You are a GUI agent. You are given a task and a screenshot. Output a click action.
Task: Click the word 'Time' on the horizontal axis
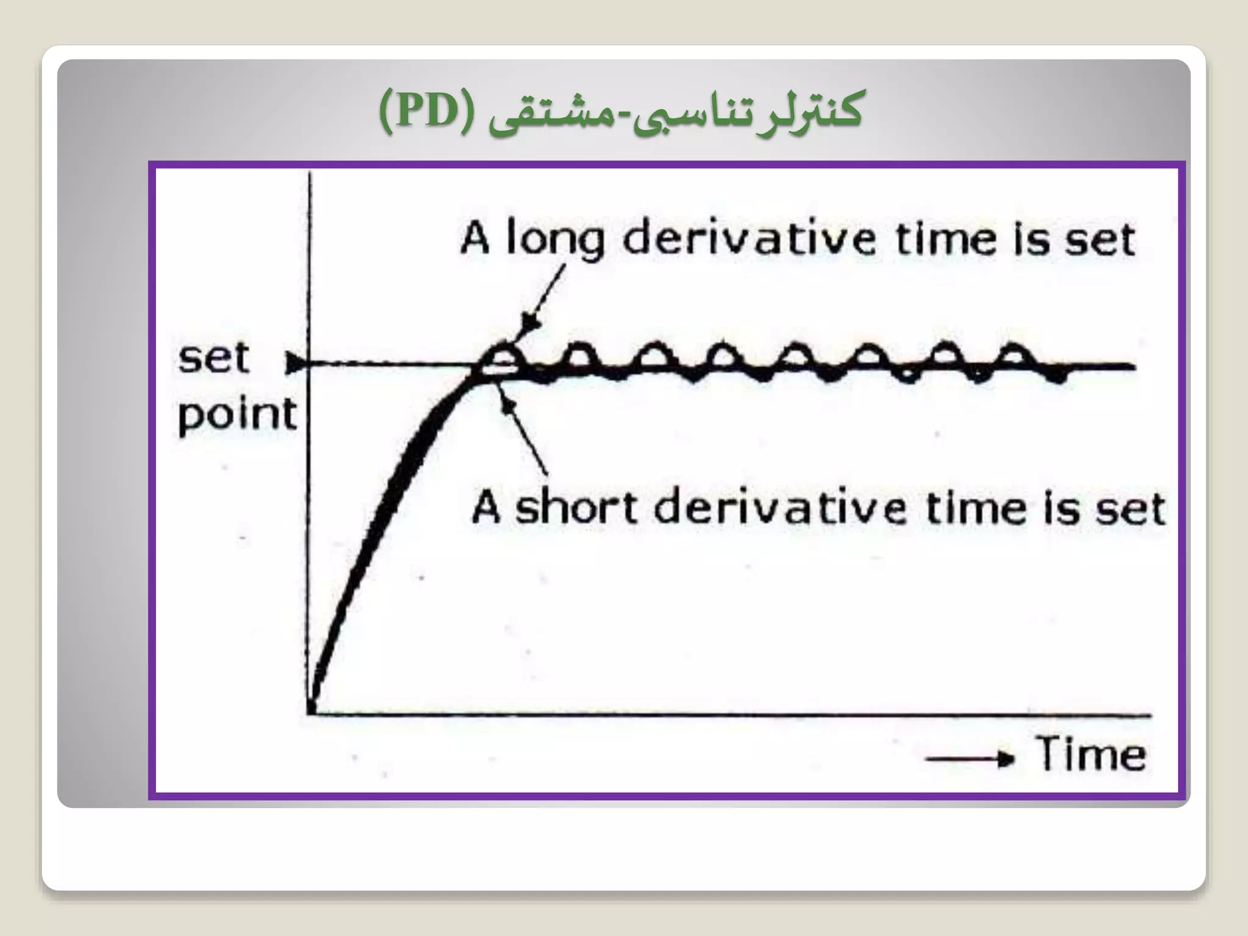1091,755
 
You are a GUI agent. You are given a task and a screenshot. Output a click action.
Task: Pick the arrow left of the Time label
970,759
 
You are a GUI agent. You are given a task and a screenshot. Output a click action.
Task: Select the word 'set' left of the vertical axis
213,358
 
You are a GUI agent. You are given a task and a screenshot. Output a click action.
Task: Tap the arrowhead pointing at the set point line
296,364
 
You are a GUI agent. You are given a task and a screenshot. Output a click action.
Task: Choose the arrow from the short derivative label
524,433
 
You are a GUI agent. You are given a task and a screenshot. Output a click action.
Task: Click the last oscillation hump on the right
1013,355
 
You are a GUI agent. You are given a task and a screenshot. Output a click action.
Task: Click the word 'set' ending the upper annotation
1101,240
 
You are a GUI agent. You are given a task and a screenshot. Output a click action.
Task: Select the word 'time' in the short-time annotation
967,508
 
